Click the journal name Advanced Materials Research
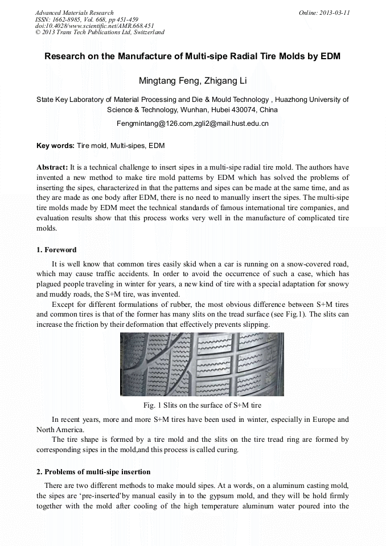pos(74,13)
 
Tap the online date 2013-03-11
pos(334,13)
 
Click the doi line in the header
pos(95,26)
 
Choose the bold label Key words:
pos(55,146)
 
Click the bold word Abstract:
pos(52,167)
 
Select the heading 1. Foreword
pos(56,250)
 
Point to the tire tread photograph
pos(202,364)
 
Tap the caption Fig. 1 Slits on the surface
pos(202,405)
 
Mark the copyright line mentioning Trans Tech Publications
pos(100,32)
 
